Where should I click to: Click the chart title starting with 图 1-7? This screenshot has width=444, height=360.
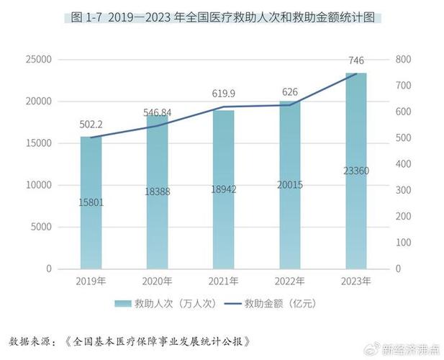[222, 17]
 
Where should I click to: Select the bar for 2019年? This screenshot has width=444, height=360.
[91, 202]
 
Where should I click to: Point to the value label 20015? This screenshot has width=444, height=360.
[289, 185]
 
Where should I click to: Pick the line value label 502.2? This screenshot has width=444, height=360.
[91, 124]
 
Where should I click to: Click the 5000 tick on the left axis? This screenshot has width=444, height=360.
[42, 227]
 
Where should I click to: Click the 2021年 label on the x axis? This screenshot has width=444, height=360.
[223, 280]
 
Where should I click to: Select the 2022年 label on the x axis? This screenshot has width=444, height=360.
[289, 280]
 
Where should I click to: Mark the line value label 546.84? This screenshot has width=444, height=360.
[158, 112]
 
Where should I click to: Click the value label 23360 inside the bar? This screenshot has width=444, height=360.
[355, 171]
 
